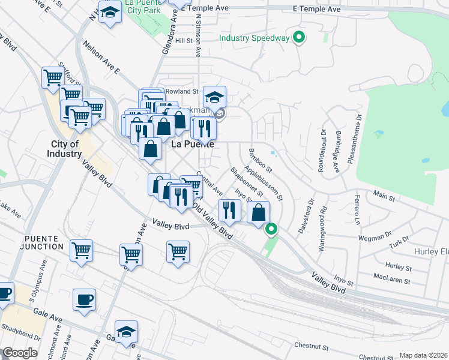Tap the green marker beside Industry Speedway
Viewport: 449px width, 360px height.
299,38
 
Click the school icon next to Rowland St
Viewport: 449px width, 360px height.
214,97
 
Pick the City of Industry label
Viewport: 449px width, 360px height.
65,149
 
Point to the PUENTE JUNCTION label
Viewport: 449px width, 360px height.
40,242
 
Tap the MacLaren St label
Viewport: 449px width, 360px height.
391,280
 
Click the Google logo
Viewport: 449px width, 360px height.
20,353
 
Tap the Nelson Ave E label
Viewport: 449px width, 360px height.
102,58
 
